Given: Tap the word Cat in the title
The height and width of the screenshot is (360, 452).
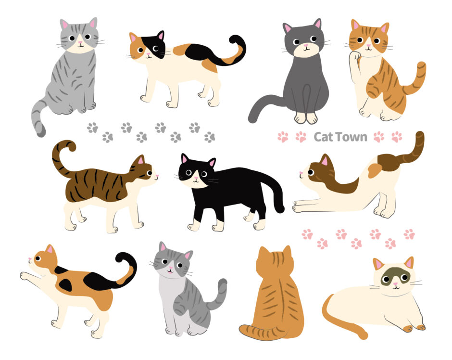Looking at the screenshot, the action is click(x=324, y=137).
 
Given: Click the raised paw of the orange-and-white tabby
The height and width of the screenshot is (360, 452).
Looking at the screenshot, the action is click(x=354, y=55).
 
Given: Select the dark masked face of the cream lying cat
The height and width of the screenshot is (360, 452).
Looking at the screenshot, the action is click(x=393, y=276).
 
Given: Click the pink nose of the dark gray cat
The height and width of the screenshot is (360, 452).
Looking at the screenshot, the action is click(x=305, y=45).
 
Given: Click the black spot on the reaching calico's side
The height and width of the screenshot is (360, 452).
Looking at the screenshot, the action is click(x=66, y=285).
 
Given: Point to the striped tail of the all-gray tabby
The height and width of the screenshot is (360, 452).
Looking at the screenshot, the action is click(x=38, y=118).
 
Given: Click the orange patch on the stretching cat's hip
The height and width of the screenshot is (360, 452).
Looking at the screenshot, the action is click(x=375, y=170).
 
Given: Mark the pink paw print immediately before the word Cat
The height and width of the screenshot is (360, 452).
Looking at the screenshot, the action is click(x=301, y=137).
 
